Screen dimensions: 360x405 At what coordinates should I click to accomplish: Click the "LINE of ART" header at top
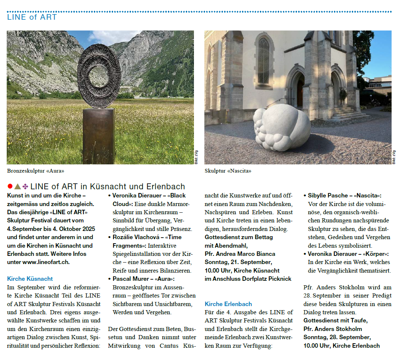point(32,17)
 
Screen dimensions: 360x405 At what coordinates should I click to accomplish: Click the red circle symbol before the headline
point(10,186)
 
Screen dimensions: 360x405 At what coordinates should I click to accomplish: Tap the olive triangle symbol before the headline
point(17,186)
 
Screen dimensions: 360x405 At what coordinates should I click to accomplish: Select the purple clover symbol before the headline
point(25,186)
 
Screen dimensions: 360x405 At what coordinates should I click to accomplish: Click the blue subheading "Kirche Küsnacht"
point(30,279)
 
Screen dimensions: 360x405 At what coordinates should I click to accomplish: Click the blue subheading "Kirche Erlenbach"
point(228,304)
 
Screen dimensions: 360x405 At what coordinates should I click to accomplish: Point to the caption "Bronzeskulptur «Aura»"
point(36,171)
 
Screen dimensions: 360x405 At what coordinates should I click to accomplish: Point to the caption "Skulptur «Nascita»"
point(228,171)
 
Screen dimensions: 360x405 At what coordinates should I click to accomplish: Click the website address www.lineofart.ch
point(46,262)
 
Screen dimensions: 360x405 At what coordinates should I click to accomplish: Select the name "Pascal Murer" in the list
point(130,279)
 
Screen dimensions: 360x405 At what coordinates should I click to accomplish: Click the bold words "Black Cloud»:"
point(128,204)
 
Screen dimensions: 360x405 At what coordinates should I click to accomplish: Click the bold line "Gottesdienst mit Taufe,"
point(335,321)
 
